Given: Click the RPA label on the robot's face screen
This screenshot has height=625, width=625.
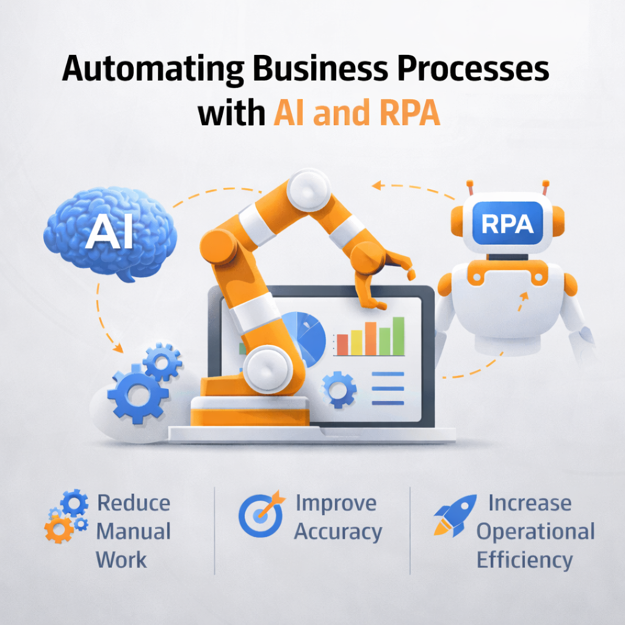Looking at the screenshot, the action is [507, 225].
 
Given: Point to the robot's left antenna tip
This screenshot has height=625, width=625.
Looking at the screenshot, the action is [470, 182].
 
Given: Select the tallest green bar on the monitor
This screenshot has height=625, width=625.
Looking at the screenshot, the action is [399, 336].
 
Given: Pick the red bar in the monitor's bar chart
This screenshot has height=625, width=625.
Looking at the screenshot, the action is [342, 344].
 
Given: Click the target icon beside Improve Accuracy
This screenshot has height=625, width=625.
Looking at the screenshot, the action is [259, 515].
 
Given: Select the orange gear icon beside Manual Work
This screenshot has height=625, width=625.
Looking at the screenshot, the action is [60, 529].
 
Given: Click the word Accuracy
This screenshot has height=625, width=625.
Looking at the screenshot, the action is [338, 532].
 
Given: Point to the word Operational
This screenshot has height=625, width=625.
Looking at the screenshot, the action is [535, 532].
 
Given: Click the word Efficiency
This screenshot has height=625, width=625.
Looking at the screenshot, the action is [524, 560].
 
